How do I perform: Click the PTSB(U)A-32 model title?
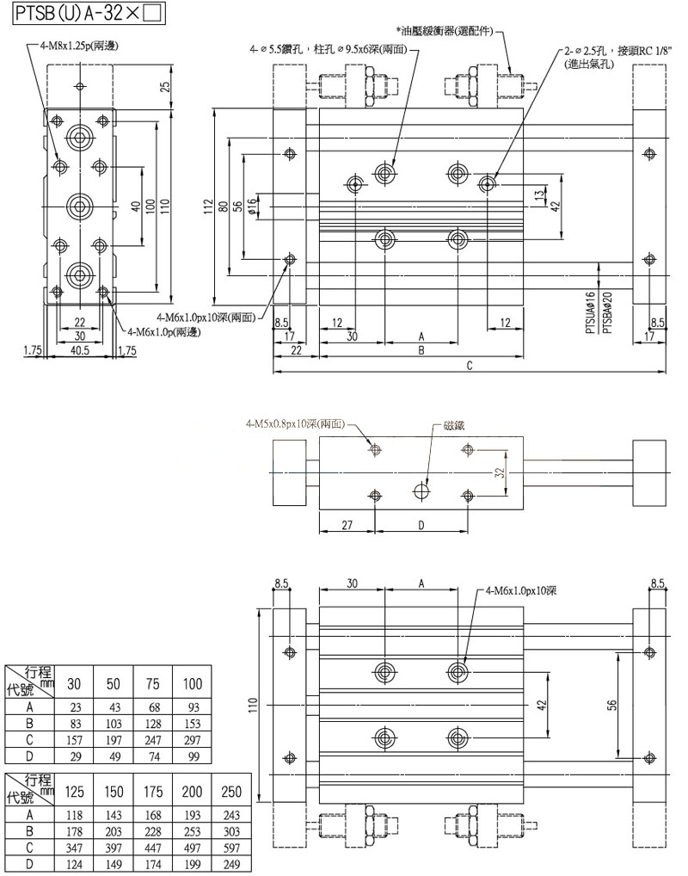tap(83, 14)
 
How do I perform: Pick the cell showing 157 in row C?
tap(75, 739)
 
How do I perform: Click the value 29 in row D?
tap(75, 756)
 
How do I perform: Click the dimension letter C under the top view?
tap(470, 366)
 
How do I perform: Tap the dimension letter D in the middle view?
tap(421, 524)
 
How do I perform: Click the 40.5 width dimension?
tap(82, 350)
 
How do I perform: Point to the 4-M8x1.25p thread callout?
tap(78, 46)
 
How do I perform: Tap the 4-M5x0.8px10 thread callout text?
tap(294, 423)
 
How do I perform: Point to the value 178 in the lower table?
tap(75, 830)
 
